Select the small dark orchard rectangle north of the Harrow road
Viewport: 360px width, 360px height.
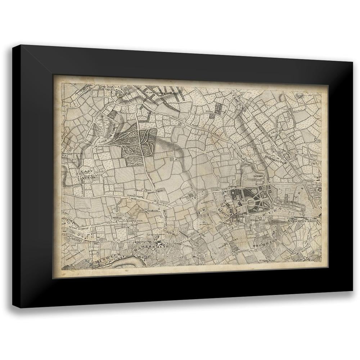(x=219, y=108)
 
